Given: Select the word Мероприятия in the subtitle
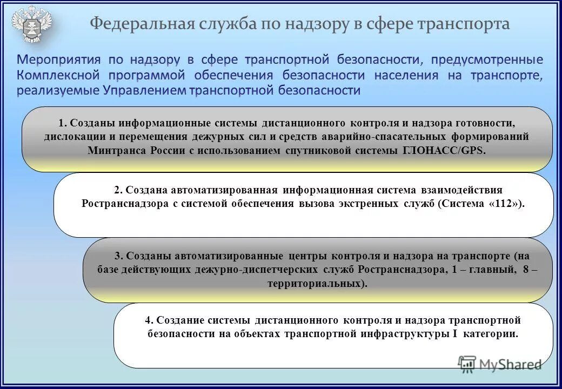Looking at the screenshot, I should [58, 59].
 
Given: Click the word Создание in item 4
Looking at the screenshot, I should [181, 320].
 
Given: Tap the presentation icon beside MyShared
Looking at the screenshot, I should [466, 364].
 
